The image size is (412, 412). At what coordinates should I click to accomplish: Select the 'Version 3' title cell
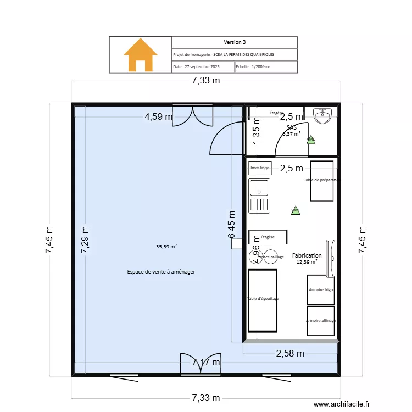tap(235, 42)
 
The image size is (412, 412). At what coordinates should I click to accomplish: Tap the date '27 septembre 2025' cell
tap(203, 66)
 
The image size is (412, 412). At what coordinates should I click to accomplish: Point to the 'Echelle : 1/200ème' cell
tap(266, 66)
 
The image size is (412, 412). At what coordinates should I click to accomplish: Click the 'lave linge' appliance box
tap(260, 168)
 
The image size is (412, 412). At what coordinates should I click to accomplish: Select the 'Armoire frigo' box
tap(321, 289)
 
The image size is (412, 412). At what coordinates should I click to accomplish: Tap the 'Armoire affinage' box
tap(321, 320)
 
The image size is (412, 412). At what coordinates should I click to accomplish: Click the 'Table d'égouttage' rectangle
tap(262, 300)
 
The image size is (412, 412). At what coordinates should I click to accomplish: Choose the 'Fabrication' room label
tap(307, 256)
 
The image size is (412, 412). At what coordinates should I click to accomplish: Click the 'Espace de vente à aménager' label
tap(161, 272)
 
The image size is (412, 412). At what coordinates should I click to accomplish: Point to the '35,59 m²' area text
tap(166, 247)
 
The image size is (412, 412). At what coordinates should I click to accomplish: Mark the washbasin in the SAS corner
tap(321, 115)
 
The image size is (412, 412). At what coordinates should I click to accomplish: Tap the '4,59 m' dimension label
tap(159, 116)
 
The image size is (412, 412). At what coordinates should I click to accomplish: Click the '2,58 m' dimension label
tap(289, 354)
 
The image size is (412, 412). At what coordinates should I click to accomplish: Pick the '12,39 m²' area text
tap(307, 263)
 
